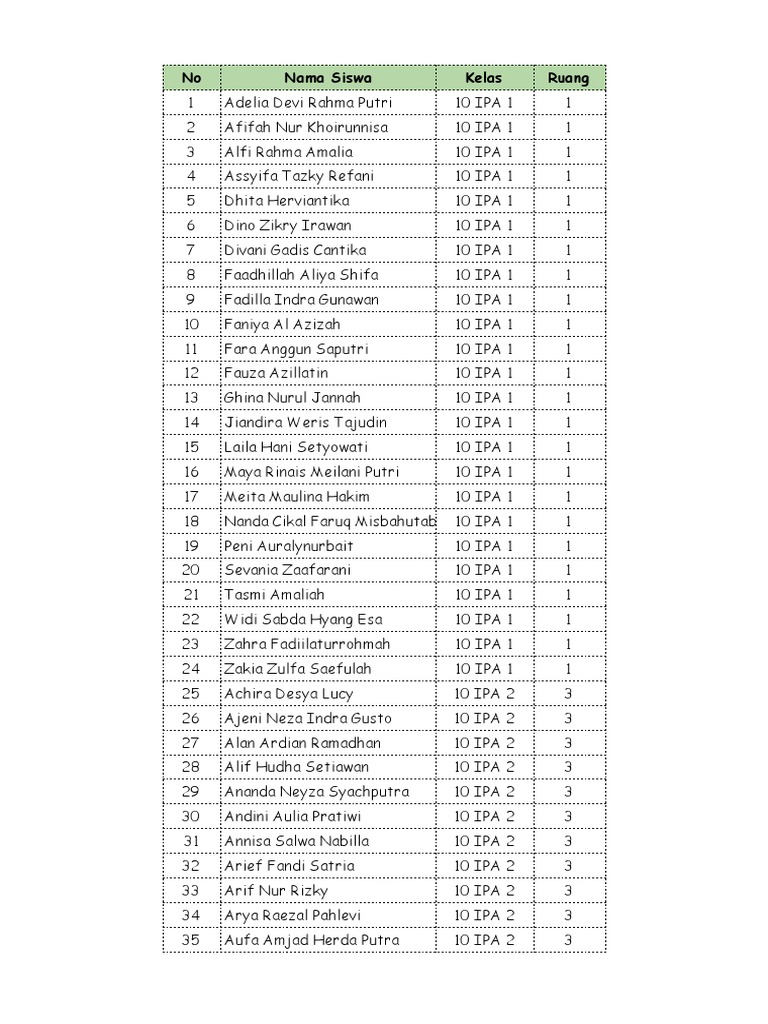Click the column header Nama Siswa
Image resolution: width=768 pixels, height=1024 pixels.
coord(327,78)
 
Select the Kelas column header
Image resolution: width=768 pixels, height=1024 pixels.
coord(484,78)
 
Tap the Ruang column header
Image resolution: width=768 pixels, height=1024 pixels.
coord(568,78)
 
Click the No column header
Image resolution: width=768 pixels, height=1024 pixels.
coord(191,78)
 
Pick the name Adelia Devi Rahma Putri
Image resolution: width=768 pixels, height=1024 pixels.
coord(308,103)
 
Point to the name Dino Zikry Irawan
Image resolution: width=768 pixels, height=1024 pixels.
coord(287,226)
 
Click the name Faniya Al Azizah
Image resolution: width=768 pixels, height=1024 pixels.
coord(282,324)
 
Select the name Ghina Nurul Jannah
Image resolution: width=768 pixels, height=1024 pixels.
coord(292,398)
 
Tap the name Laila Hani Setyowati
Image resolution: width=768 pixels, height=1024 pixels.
coord(296,447)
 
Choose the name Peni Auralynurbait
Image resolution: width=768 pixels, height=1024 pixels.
coord(288,546)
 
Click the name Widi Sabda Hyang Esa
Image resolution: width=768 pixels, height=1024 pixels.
coord(303,620)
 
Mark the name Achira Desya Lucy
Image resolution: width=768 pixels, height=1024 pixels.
coord(288,694)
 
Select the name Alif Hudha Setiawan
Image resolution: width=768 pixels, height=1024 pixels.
coord(296,767)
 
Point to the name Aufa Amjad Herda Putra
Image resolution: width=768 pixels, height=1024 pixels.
coord(311,940)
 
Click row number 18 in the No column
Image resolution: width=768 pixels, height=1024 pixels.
coord(191,521)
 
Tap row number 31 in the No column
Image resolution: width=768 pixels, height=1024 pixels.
coord(191,841)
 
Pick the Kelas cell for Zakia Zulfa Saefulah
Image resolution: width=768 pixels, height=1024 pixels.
coord(484,669)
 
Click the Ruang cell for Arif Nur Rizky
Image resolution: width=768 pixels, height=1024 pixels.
coord(568,891)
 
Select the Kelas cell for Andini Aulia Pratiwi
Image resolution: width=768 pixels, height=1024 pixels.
coord(484,817)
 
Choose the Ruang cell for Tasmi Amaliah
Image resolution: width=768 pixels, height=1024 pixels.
coord(568,595)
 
